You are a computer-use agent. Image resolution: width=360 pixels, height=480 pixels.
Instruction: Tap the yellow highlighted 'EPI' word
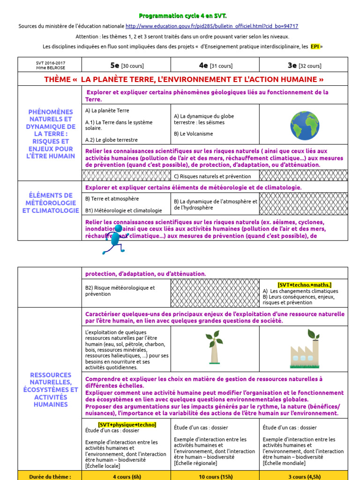[315, 46]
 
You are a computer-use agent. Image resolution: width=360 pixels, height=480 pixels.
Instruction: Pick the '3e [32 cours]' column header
[304, 65]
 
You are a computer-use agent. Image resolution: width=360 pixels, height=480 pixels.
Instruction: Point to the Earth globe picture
[304, 126]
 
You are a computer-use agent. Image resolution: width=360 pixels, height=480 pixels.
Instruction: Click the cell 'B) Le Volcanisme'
[193, 134]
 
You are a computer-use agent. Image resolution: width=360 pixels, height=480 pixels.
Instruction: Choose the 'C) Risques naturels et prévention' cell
[212, 176]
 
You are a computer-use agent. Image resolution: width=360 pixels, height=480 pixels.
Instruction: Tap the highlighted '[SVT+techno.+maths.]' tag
[304, 285]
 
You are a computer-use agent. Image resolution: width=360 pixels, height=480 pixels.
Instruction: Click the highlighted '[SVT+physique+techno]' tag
[127, 425]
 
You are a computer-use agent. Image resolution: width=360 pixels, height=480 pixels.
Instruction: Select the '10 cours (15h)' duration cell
[215, 476]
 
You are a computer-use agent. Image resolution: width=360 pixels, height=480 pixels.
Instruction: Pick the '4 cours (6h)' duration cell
[126, 476]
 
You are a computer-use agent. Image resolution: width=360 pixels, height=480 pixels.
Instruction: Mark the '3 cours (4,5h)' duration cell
[304, 476]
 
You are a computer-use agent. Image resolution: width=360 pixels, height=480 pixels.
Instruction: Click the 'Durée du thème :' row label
[50, 476]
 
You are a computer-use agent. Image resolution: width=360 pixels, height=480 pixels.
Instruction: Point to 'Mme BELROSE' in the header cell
[49, 67]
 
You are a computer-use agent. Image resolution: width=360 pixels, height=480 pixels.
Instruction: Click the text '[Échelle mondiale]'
[284, 463]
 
